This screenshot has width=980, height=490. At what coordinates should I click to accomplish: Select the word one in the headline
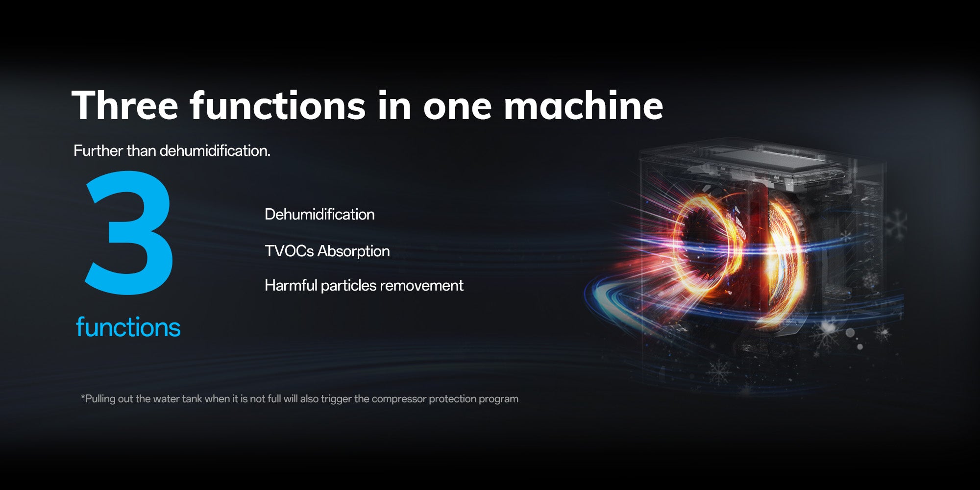pyautogui.click(x=457, y=109)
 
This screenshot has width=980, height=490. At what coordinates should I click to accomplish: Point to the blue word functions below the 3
pyautogui.click(x=128, y=327)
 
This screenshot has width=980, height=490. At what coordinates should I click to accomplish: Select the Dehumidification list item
pyautogui.click(x=319, y=214)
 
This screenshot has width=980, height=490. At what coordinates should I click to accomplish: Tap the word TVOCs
pyautogui.click(x=289, y=251)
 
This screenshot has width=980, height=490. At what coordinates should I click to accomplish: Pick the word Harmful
pyautogui.click(x=291, y=285)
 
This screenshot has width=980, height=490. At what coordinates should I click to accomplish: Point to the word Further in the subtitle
pyautogui.click(x=98, y=150)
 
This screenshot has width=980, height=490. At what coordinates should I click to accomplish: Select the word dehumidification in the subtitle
pyautogui.click(x=215, y=150)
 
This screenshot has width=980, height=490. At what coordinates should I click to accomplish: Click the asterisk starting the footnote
pyautogui.click(x=83, y=396)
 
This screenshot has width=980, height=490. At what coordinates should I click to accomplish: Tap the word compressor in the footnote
pyautogui.click(x=399, y=399)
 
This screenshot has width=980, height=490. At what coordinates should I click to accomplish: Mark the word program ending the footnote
pyautogui.click(x=498, y=399)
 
